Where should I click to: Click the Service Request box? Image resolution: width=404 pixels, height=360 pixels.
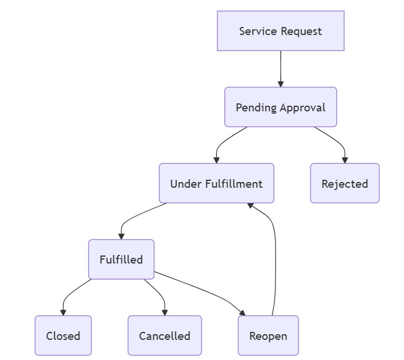[280, 31]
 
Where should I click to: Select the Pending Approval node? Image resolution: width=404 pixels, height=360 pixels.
[280, 107]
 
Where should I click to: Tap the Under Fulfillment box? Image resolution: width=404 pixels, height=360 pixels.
[216, 184]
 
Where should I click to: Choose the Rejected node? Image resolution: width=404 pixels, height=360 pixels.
[344, 184]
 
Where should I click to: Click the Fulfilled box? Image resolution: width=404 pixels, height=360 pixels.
[121, 260]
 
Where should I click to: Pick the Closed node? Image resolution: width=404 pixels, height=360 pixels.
[63, 336]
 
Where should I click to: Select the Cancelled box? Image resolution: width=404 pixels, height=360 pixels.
[165, 336]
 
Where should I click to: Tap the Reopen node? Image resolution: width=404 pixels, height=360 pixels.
[268, 336]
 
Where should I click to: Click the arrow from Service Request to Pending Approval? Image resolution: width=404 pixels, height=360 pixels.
[281, 69]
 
